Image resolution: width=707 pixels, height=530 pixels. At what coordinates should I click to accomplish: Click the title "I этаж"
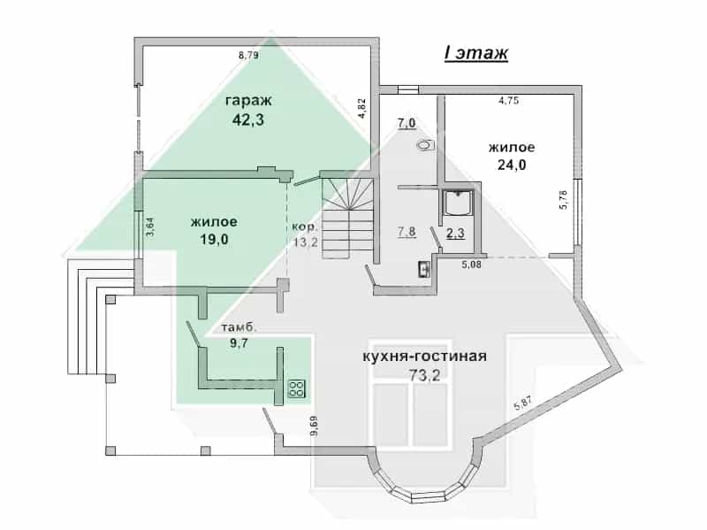click(476, 53)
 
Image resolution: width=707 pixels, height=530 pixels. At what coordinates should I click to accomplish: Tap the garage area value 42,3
click(248, 119)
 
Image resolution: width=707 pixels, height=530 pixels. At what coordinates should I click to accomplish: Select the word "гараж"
click(248, 100)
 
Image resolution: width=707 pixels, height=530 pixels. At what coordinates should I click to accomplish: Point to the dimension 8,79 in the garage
click(248, 56)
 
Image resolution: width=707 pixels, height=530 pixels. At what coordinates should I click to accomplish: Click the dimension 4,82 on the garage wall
click(361, 108)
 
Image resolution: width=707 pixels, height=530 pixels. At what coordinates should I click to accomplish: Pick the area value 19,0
click(214, 239)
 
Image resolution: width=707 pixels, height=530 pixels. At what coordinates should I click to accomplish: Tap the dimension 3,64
click(150, 227)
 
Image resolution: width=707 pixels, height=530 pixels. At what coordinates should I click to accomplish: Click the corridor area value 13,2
click(306, 242)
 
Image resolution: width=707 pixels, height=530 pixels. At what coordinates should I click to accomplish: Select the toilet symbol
click(426, 145)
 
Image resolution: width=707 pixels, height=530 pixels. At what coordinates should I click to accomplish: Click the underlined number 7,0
click(407, 123)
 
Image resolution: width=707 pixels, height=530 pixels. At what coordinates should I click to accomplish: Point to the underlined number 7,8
click(407, 232)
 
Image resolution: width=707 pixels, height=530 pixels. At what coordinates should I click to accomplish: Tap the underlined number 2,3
click(455, 233)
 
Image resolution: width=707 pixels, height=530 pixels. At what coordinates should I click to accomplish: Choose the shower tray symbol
click(458, 204)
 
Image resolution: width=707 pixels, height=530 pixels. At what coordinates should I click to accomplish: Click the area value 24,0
click(512, 165)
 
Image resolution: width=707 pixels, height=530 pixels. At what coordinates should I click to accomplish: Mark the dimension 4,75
click(508, 101)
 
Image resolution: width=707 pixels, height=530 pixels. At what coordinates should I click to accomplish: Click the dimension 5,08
click(472, 265)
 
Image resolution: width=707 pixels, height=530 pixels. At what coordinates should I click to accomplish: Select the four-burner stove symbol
click(297, 389)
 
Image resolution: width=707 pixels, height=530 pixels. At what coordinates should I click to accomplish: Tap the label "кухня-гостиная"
click(425, 357)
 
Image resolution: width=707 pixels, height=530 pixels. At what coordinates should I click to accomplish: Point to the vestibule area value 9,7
click(239, 343)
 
